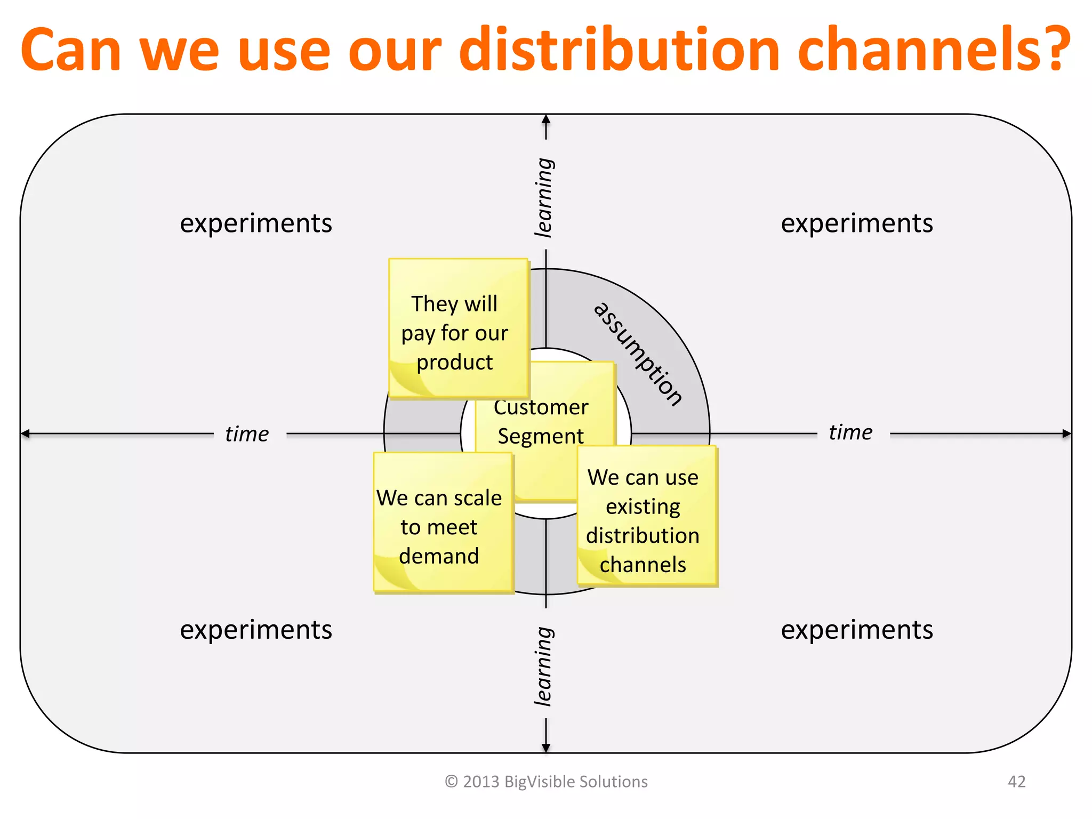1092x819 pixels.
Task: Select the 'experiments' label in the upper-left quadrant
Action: [x=256, y=223]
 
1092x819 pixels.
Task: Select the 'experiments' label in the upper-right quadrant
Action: [x=857, y=223]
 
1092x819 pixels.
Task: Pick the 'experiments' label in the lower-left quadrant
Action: [x=256, y=630]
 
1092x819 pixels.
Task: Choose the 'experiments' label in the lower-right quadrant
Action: [x=857, y=630]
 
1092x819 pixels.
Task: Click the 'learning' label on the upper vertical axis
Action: [x=544, y=197]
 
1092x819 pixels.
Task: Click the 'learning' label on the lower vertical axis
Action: [x=544, y=667]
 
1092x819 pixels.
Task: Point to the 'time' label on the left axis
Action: [x=247, y=434]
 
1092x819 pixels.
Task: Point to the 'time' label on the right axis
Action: [x=850, y=432]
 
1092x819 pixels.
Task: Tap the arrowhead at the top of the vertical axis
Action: [x=546, y=119]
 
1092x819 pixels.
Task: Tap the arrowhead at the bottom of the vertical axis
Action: [x=546, y=748]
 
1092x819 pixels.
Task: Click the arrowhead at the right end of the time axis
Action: [x=1066, y=433]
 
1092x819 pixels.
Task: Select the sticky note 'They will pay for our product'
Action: [x=457, y=328]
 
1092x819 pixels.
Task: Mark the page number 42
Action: [x=1016, y=782]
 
